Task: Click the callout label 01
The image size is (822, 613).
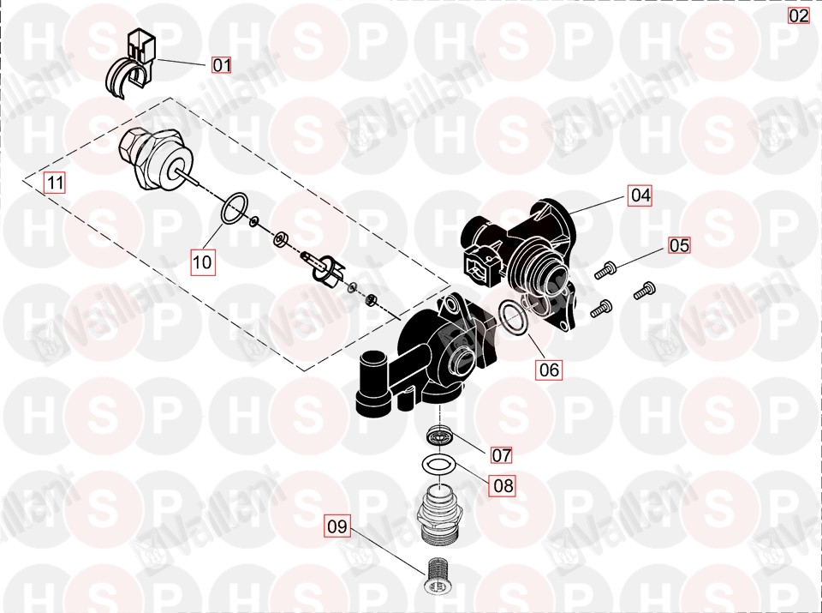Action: [221, 65]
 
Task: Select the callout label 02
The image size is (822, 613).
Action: [799, 15]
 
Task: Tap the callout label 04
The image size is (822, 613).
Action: [640, 195]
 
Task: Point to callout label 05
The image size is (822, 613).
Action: [679, 245]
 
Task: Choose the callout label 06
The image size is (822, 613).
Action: [550, 370]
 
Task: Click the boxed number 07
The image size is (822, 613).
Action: [501, 454]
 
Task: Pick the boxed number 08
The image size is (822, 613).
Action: [503, 485]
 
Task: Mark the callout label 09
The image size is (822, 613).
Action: [337, 526]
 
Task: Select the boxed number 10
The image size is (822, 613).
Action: [202, 261]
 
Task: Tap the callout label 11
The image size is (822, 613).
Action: [55, 183]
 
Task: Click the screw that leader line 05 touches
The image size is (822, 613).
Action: [605, 270]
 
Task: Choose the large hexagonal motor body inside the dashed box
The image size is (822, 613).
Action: [157, 160]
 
